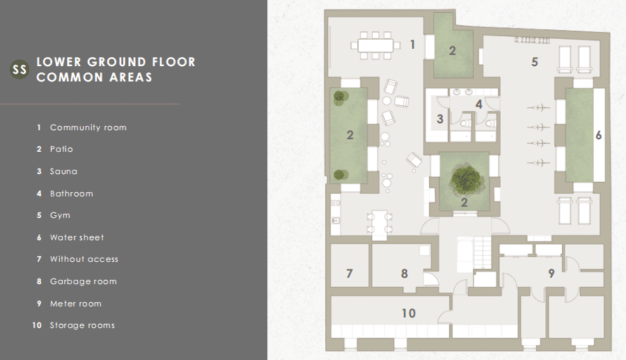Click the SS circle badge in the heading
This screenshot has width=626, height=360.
[x=19, y=70]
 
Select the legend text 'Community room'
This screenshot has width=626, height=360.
[x=88, y=127]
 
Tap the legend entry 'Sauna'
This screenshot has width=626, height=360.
[x=63, y=171]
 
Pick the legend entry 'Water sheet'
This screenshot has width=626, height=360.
[x=77, y=237]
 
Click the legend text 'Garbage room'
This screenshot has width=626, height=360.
[x=84, y=281]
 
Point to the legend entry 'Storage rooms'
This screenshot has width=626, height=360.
[x=82, y=325]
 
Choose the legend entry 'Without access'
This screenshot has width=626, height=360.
[x=84, y=259]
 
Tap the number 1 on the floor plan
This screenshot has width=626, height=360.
[x=412, y=45]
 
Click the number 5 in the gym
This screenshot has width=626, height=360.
[x=535, y=62]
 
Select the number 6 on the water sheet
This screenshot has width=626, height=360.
[x=598, y=135]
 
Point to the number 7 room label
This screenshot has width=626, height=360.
[x=350, y=274]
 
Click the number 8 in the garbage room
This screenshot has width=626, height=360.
[x=405, y=274]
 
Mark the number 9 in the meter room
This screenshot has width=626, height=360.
[x=551, y=274]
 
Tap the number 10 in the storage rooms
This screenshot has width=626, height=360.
[x=409, y=313]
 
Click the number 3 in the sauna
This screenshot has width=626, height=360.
[x=440, y=119]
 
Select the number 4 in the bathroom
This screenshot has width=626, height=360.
[x=479, y=104]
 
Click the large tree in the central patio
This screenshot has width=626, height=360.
[x=464, y=179]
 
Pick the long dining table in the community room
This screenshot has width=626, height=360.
[x=375, y=45]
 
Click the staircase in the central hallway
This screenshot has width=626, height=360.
[x=474, y=253]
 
